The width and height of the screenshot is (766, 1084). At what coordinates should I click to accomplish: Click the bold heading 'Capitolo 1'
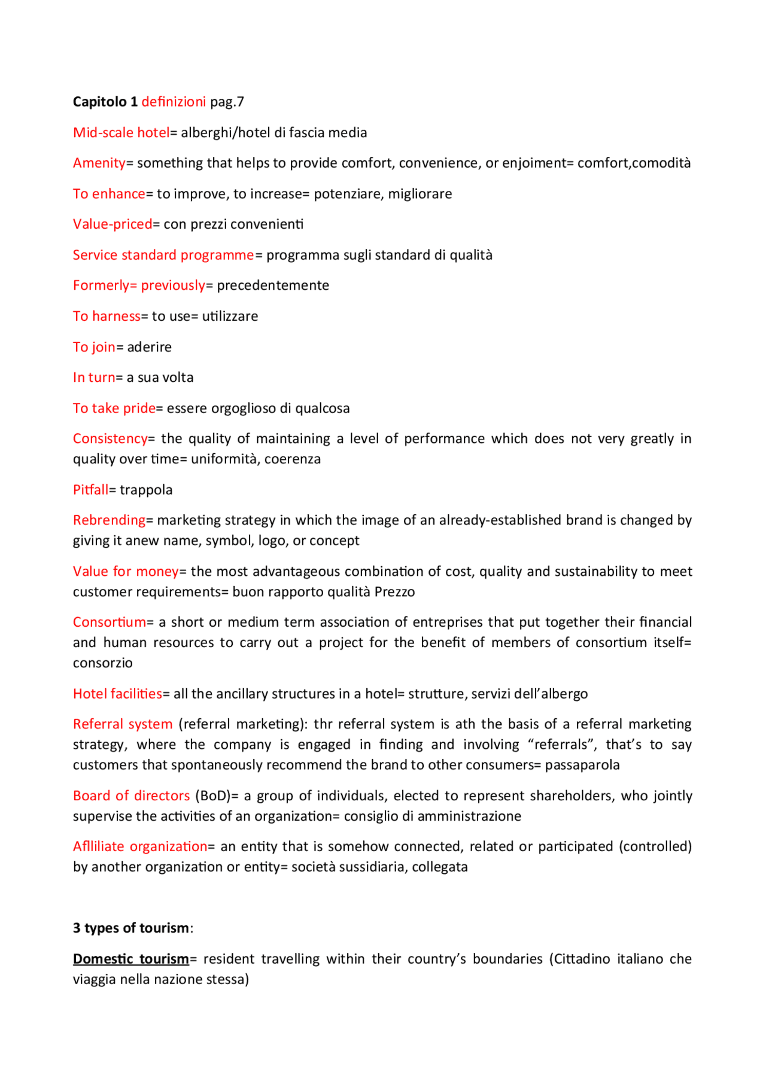coord(105,102)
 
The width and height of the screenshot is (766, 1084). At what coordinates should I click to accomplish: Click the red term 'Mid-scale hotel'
coord(121,132)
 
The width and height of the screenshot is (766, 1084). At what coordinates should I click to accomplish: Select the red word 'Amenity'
coord(99,163)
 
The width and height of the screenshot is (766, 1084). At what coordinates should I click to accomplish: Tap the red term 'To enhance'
coord(109,194)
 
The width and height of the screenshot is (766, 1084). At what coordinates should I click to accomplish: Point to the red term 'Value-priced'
coord(113,224)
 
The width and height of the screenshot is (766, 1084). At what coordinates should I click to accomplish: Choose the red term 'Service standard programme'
coord(163,255)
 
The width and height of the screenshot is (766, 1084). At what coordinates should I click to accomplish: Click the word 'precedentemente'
coord(273,285)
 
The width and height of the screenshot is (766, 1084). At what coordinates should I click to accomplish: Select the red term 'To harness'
coord(107,316)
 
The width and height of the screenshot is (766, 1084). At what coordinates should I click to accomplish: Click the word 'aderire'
coord(149,347)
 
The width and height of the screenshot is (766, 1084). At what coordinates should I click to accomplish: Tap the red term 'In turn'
coord(94,377)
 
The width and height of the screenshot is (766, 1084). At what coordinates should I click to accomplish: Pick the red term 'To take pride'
coord(114,408)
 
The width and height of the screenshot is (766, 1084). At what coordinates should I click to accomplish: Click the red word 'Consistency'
coord(110,439)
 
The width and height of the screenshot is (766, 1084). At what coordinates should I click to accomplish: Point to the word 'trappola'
coord(146,490)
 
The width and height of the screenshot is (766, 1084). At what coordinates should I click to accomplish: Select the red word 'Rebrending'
coord(109,520)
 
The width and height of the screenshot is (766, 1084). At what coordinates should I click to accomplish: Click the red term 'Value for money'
coord(126,572)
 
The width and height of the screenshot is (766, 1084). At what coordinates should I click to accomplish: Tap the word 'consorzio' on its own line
coord(102,663)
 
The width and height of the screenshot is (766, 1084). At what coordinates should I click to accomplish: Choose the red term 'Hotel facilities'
coord(117,694)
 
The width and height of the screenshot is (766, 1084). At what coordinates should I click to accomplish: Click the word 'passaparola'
coord(582,765)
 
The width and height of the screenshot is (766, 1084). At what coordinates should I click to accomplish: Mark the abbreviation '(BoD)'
coord(213,796)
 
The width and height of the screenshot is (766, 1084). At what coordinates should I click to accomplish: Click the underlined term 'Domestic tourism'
coord(131,959)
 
